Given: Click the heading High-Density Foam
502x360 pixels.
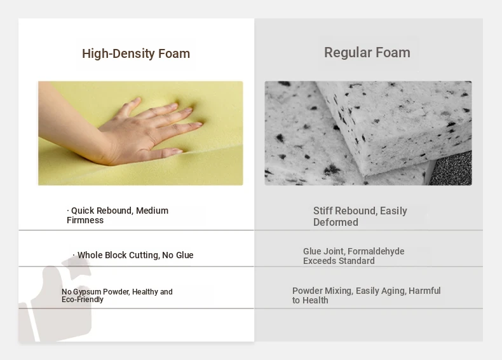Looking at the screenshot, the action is point(136,53).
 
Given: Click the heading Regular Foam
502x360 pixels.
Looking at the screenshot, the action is point(367,52).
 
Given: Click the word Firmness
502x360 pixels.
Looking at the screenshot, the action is point(85,220).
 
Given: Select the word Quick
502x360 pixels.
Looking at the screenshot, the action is point(83,211).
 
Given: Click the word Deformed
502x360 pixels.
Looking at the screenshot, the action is point(336,222).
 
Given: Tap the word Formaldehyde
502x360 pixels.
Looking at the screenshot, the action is point(376,251).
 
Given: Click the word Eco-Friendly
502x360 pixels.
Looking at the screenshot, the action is point(83,300).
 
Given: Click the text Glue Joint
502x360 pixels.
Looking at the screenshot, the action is point(323,251).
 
